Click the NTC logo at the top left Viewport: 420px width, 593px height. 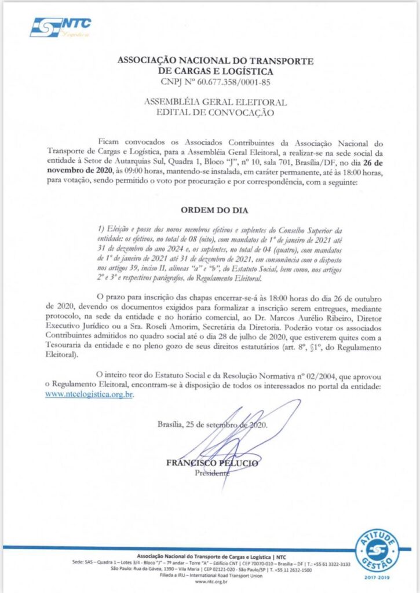point(60,27)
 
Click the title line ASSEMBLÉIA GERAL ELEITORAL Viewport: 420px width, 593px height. point(215,103)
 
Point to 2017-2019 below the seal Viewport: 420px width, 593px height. point(377,577)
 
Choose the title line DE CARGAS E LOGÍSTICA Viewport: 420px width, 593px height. point(215,71)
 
